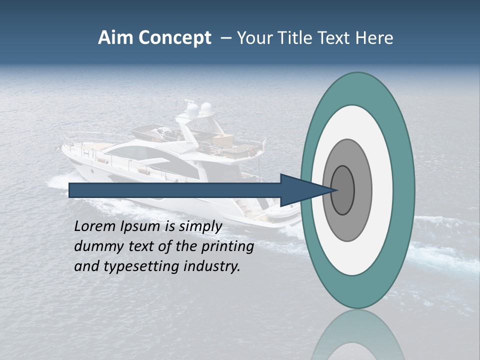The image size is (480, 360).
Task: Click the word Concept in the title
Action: pyautogui.click(x=174, y=38)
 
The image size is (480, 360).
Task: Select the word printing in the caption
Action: pyautogui.click(x=227, y=247)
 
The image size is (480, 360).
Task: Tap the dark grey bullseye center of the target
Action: pyautogui.click(x=342, y=190)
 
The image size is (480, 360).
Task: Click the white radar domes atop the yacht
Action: pyautogui.click(x=198, y=108)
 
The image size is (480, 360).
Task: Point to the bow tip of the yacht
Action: pyautogui.click(x=63, y=148)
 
